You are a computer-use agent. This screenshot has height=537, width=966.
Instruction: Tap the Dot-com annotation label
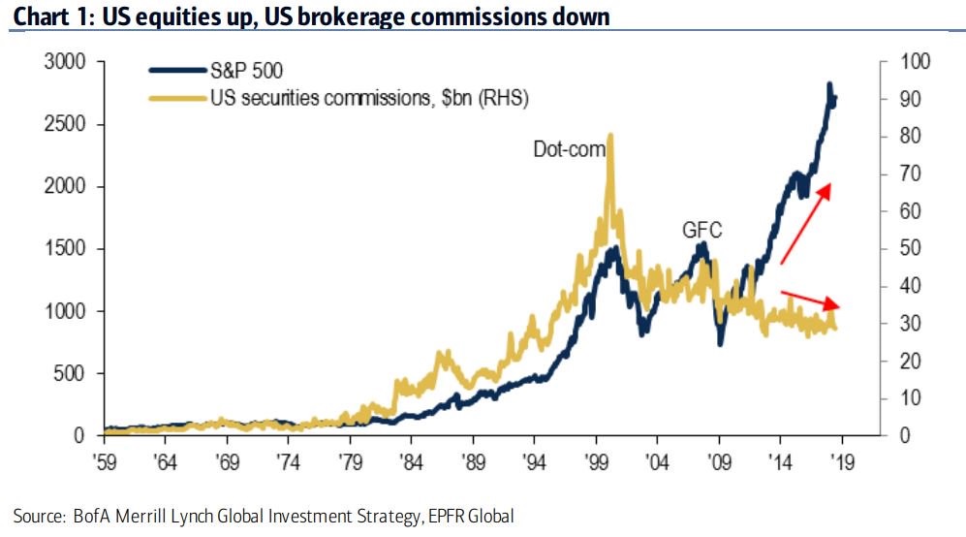569,149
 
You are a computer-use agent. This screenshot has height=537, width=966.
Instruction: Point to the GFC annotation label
702,230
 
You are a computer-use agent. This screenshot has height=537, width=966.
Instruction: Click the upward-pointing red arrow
806,222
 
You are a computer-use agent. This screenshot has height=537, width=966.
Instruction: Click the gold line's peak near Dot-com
609,136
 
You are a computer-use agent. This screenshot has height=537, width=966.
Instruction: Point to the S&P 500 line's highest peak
829,85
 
